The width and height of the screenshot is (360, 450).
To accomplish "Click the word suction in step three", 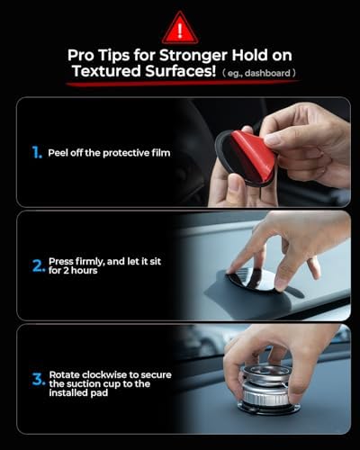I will click(x=89, y=382).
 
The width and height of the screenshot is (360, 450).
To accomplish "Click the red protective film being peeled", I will click(x=253, y=154).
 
